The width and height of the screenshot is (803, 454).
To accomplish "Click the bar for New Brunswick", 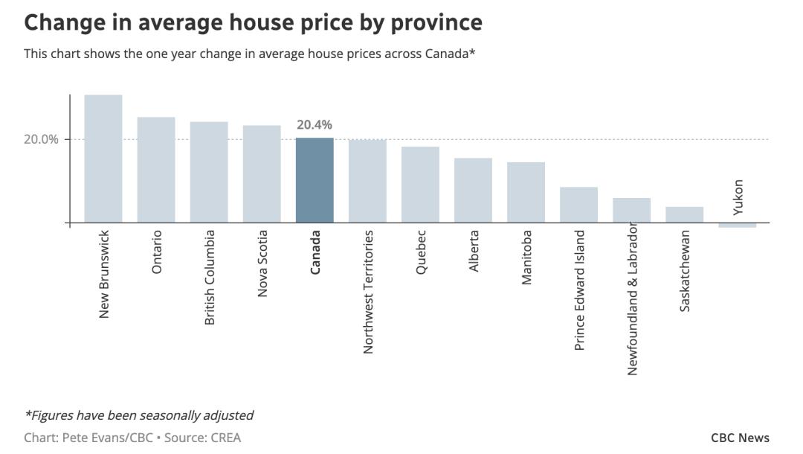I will (x=103, y=159).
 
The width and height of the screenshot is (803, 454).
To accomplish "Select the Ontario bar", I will (x=156, y=170).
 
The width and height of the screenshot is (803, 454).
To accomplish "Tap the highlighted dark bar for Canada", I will (x=315, y=180).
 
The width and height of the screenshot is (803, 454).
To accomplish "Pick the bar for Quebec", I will (x=420, y=185).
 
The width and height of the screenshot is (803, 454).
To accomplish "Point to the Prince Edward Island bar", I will (x=578, y=205).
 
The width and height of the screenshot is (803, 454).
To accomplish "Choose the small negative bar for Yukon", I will (x=737, y=225).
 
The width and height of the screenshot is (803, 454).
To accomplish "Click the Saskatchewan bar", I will (x=684, y=214).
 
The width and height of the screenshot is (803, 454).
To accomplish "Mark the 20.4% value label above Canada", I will (x=315, y=125).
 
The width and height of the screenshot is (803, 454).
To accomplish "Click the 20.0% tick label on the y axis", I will (x=41, y=139).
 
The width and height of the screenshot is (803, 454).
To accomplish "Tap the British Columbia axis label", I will (x=210, y=277).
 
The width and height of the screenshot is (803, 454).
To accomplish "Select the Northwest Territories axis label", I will (x=368, y=292).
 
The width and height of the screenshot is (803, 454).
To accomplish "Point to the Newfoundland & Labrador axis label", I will (x=632, y=298).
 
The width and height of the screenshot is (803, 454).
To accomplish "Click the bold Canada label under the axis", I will (x=315, y=252).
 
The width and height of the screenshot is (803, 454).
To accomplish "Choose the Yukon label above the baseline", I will (x=738, y=197).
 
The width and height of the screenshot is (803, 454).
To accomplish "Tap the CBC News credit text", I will (x=740, y=438).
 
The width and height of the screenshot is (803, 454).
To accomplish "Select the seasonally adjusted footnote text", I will (x=139, y=415).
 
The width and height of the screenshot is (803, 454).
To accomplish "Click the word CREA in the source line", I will (x=225, y=438).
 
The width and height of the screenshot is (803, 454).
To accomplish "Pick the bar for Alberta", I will (x=473, y=190).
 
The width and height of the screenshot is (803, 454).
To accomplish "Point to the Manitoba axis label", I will (x=526, y=257).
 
